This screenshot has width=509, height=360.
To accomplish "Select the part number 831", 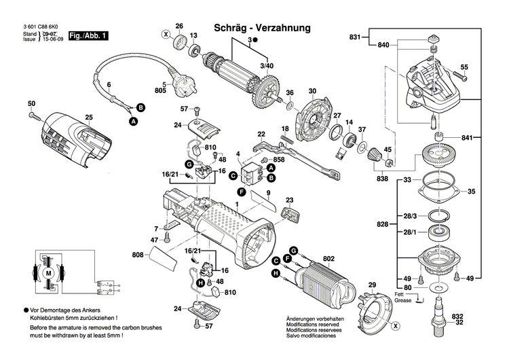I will click(356, 36).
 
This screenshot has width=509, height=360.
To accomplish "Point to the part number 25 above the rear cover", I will click(88, 118).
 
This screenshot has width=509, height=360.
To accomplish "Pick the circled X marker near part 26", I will click(165, 33).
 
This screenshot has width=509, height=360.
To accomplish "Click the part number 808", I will click(138, 255).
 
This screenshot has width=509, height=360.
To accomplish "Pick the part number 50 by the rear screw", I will click(31, 103).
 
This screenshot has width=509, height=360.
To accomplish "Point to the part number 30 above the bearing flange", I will click(312, 91).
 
